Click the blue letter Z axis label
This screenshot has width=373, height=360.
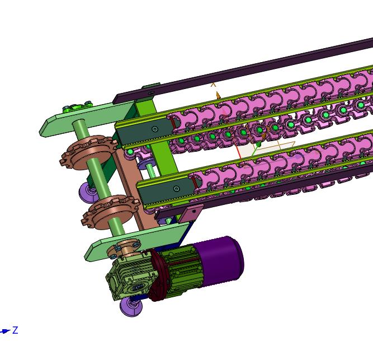click(15, 330)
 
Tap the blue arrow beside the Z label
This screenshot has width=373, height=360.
click(5, 331)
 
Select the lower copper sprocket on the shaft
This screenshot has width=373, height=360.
click(110, 212)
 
